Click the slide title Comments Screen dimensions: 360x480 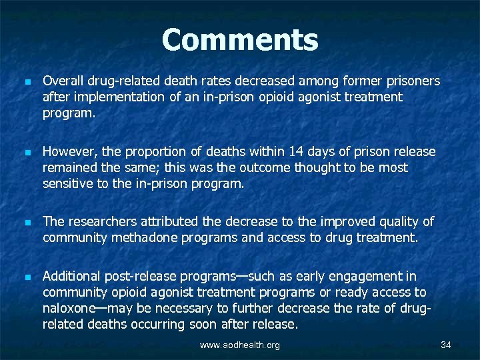(240, 40)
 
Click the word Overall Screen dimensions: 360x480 (61, 81)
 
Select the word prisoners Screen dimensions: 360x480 (411, 81)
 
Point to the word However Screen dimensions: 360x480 (67, 152)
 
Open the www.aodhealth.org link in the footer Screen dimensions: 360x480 (241, 345)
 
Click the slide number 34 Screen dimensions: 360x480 (446, 345)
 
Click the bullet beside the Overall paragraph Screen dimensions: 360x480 (21, 82)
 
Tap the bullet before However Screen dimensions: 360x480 (21, 153)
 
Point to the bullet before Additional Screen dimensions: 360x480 (21, 277)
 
